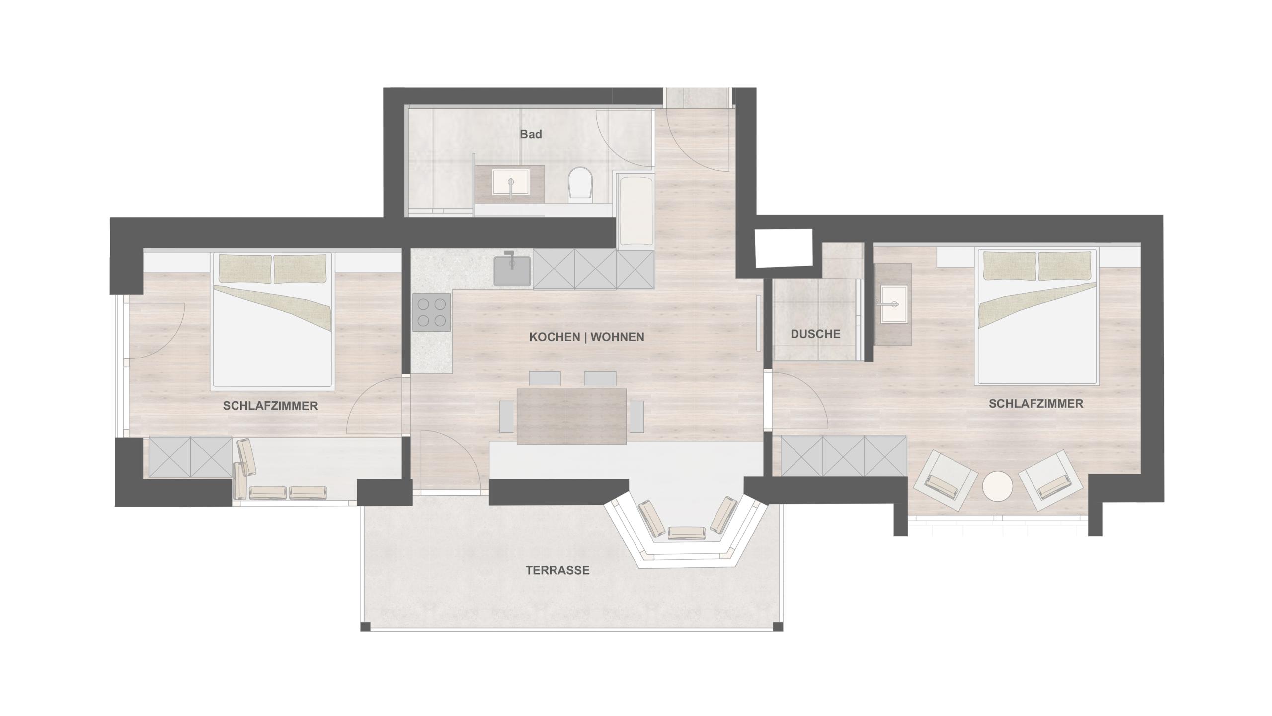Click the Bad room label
531,134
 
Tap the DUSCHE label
815,334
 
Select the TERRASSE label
557,570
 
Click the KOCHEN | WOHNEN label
586,337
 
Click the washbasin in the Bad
510,182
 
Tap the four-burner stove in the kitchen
431,312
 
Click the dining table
571,416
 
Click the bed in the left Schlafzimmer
272,320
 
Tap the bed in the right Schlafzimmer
1037,316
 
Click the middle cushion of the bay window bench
687,533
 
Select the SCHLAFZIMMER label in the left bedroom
270,406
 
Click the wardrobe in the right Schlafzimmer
843,455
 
